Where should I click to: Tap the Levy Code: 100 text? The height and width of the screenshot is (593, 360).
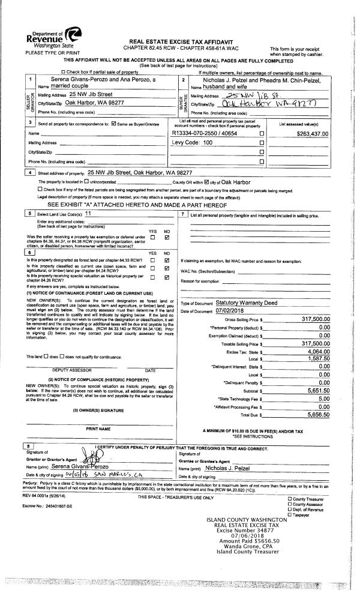pyautogui.click(x=193, y=143)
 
